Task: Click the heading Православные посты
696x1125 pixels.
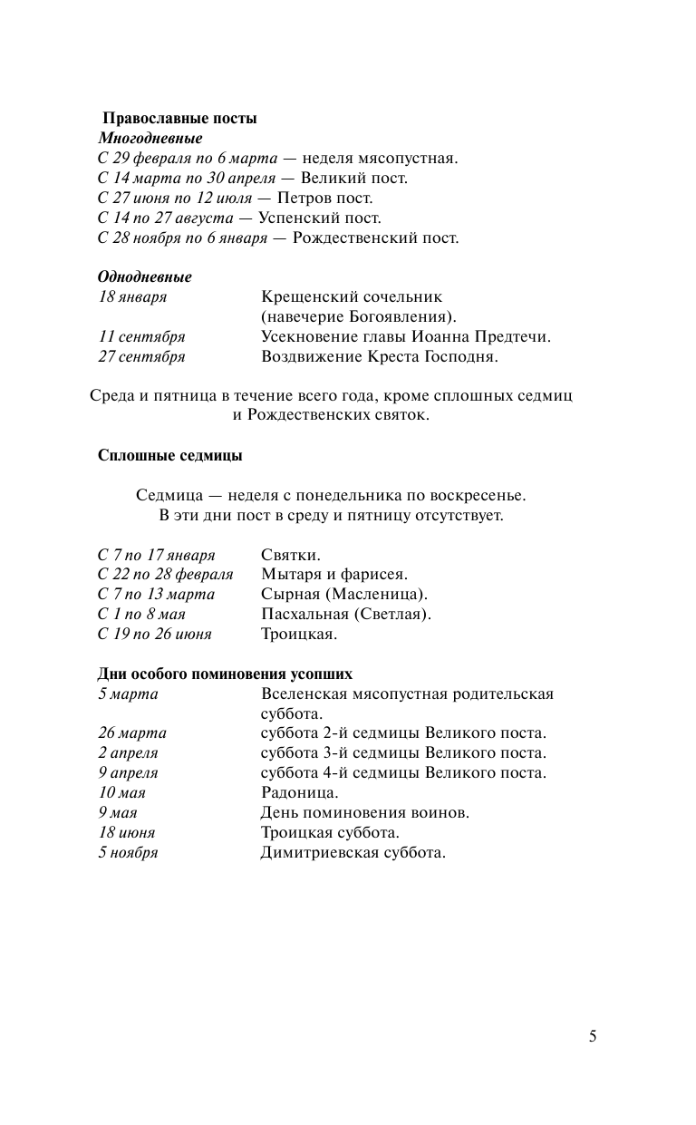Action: [x=179, y=119]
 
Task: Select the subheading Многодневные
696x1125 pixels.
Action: [x=150, y=139]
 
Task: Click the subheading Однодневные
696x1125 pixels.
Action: [x=145, y=276]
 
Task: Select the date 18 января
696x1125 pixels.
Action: [x=132, y=297]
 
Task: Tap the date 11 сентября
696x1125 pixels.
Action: [x=141, y=337]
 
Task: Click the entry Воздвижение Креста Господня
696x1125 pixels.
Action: [x=380, y=357]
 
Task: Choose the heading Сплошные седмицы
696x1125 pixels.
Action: [x=169, y=456]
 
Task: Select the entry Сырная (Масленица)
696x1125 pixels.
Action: [x=343, y=595]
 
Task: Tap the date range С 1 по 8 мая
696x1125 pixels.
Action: [x=141, y=615]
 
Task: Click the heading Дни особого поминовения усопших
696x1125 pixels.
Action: [x=225, y=674]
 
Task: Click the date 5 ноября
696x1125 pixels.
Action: [x=128, y=853]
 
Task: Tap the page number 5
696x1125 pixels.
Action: [x=593, y=1037]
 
